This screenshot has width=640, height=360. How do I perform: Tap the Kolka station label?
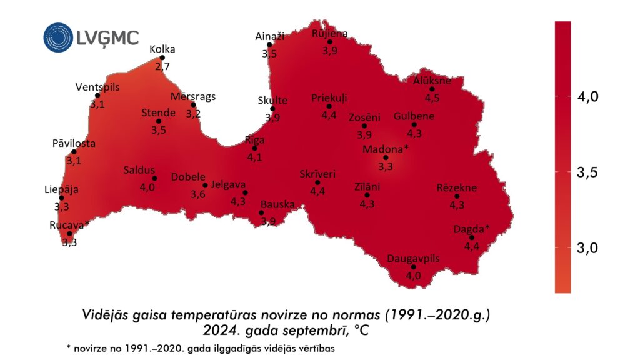[162, 49]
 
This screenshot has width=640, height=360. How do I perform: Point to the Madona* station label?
[386, 149]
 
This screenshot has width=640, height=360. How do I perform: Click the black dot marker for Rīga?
[254, 148]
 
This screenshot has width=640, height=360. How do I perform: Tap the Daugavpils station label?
[414, 259]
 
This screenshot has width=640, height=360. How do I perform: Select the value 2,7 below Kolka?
[162, 66]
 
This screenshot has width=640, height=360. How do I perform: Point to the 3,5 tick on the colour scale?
[587, 172]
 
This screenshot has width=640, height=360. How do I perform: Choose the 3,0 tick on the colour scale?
[587, 247]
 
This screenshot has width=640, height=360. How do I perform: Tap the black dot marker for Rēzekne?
[457, 197]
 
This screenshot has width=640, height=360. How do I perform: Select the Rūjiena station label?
[329, 33]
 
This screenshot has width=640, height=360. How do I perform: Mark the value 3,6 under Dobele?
[198, 194]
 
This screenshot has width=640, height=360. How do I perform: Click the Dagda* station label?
[472, 228]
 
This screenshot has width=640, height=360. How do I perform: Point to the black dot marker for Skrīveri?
[317, 182]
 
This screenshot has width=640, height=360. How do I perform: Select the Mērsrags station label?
[193, 96]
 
